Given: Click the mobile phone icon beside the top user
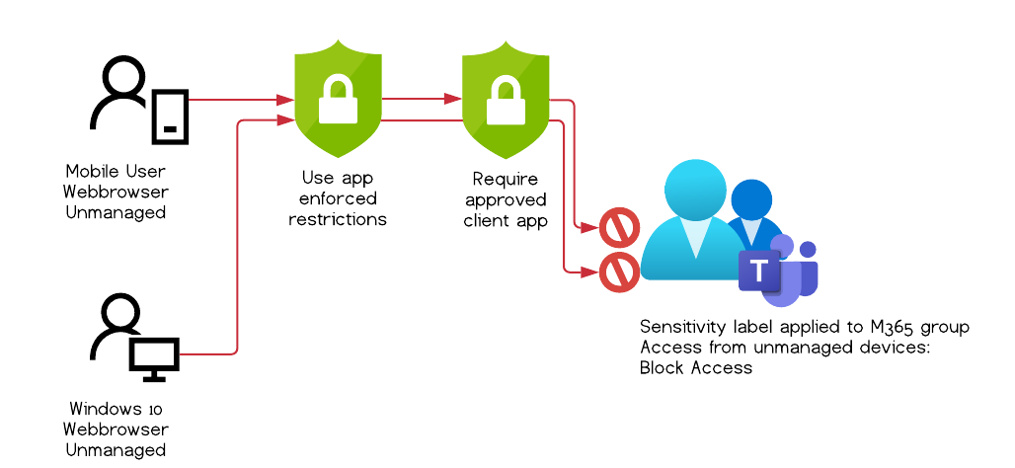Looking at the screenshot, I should point(170,116).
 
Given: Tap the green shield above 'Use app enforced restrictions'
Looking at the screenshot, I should point(337,99).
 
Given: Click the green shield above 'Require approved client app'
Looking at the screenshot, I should point(505,99).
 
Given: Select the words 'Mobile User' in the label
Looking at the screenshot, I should point(115,171).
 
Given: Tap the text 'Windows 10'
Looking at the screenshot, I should point(116,409).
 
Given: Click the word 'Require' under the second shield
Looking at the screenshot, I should point(505,180).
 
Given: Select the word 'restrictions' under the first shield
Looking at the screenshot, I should point(337,219).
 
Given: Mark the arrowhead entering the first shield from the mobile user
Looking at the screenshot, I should point(285,100).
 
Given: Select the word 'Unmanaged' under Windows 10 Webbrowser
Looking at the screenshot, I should point(116,450).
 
